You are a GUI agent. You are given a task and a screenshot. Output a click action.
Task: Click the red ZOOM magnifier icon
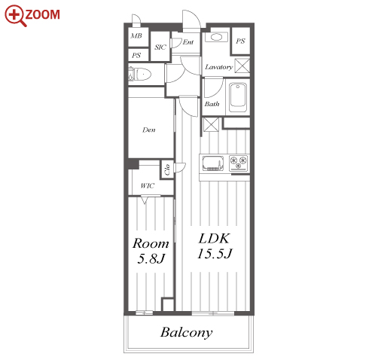pyautogui.click(x=16, y=15)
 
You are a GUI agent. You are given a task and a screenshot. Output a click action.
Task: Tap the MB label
pyautogui.click(x=136, y=36)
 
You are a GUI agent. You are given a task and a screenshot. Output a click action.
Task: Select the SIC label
pyautogui.click(x=160, y=47)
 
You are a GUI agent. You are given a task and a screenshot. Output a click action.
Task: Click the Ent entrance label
pyautogui.click(x=188, y=42)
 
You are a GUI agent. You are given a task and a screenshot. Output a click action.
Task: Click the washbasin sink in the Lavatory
pyautogui.click(x=216, y=37)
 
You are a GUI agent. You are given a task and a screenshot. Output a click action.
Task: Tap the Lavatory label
pyautogui.click(x=219, y=67)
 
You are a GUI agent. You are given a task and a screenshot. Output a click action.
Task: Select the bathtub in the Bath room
pyautogui.click(x=238, y=97)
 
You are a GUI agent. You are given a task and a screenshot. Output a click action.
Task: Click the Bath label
pyautogui.click(x=212, y=104)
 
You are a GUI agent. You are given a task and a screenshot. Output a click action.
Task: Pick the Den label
pyautogui.click(x=149, y=130)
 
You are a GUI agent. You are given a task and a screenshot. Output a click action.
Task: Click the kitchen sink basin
pyautogui.click(x=213, y=163)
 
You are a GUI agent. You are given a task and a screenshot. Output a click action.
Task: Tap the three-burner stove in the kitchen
pyautogui.click(x=238, y=163)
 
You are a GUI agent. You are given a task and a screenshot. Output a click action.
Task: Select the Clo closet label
pyautogui.click(x=167, y=169)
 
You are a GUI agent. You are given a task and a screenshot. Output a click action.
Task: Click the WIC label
pyautogui.click(x=148, y=186)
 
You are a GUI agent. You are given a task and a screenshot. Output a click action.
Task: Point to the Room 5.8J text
pyautogui.click(x=151, y=251)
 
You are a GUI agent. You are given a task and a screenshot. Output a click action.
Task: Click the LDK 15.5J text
pyautogui.click(x=215, y=246)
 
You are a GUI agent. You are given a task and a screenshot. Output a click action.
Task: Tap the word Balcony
pyautogui.click(x=187, y=332)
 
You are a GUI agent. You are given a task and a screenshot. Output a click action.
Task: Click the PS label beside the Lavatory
pyautogui.click(x=240, y=41)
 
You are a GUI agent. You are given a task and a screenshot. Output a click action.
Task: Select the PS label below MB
pyautogui.click(x=136, y=55)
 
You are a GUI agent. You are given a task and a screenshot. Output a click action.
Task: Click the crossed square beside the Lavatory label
pyautogui.click(x=242, y=66)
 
